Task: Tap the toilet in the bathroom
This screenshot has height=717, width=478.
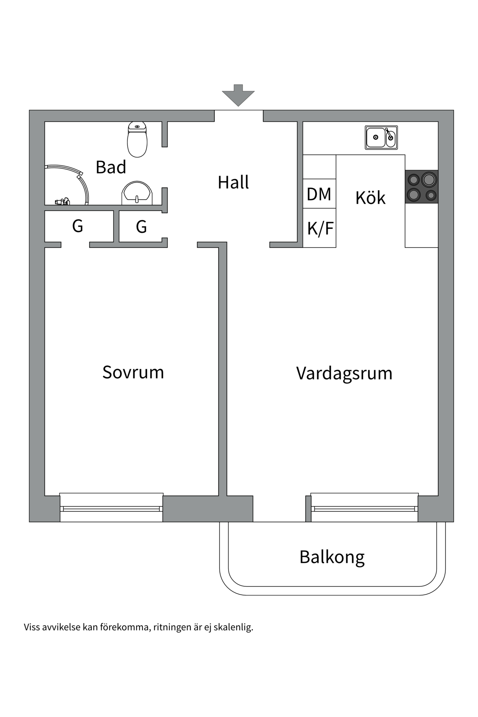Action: click(137, 140)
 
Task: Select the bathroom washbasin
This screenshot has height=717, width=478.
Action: click(137, 193)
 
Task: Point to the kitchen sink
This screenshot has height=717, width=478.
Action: click(381, 137)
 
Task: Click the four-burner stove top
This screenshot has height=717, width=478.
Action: click(422, 187)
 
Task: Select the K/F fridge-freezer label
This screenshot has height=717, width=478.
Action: click(320, 229)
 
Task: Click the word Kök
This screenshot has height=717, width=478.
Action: click(370, 198)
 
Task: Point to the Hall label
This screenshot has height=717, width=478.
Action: click(233, 182)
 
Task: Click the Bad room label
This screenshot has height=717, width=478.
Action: click(111, 167)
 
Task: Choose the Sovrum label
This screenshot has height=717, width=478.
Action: click(133, 372)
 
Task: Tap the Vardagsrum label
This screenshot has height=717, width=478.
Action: click(344, 373)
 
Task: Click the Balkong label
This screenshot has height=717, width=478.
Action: click(332, 557)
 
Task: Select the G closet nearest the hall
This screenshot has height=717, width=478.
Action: click(141, 227)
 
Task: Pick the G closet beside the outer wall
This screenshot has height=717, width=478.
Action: click(77, 226)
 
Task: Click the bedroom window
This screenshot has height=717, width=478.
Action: click(111, 508)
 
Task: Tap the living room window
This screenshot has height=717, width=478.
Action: click(364, 508)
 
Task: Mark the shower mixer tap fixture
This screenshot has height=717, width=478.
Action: click(62, 202)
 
